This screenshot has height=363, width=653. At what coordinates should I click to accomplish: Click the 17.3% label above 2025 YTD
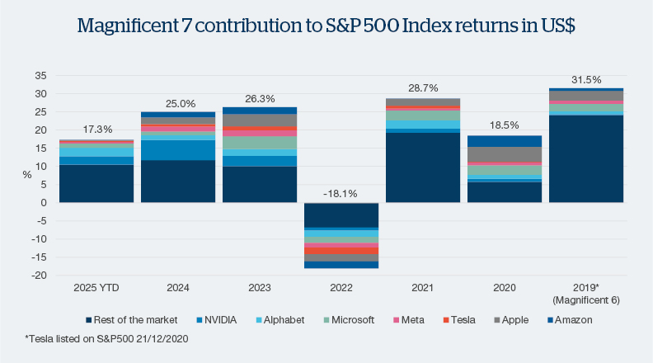[x=96, y=130]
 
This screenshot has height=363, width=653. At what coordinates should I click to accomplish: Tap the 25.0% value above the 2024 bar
[x=178, y=103]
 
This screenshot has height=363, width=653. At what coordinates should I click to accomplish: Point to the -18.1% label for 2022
[x=341, y=194]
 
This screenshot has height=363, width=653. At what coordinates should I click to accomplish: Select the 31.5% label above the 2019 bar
[x=585, y=79]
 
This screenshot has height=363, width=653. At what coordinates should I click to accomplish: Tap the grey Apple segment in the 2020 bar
[x=504, y=154]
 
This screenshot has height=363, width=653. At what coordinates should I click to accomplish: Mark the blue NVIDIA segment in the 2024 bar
[x=178, y=150]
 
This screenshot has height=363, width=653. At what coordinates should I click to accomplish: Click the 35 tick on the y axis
[x=40, y=75]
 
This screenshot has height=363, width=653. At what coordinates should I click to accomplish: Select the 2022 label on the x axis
[x=341, y=288]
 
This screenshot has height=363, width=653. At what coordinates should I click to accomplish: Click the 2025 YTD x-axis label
[x=96, y=288]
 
